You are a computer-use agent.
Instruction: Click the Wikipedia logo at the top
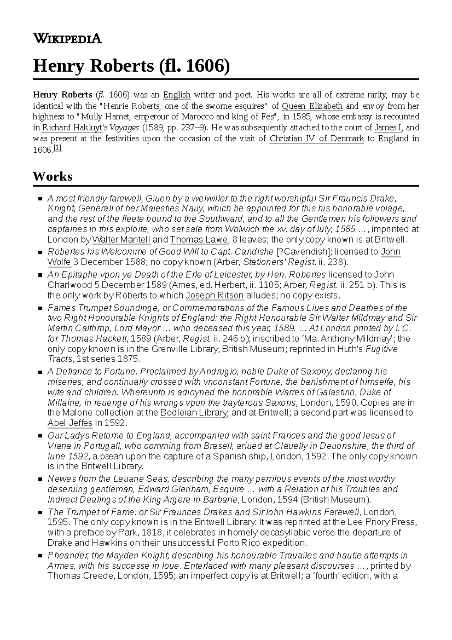click(x=67, y=38)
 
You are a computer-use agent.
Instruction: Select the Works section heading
click(x=52, y=176)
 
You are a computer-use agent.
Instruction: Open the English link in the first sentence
click(x=177, y=94)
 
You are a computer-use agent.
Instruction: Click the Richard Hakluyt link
click(x=72, y=128)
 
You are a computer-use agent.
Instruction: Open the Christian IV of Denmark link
click(x=316, y=138)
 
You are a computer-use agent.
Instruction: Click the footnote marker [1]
click(x=58, y=149)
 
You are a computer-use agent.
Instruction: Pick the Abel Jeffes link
click(x=70, y=423)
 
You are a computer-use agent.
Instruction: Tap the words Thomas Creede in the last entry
click(x=81, y=576)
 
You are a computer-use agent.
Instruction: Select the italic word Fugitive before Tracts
click(x=382, y=349)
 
